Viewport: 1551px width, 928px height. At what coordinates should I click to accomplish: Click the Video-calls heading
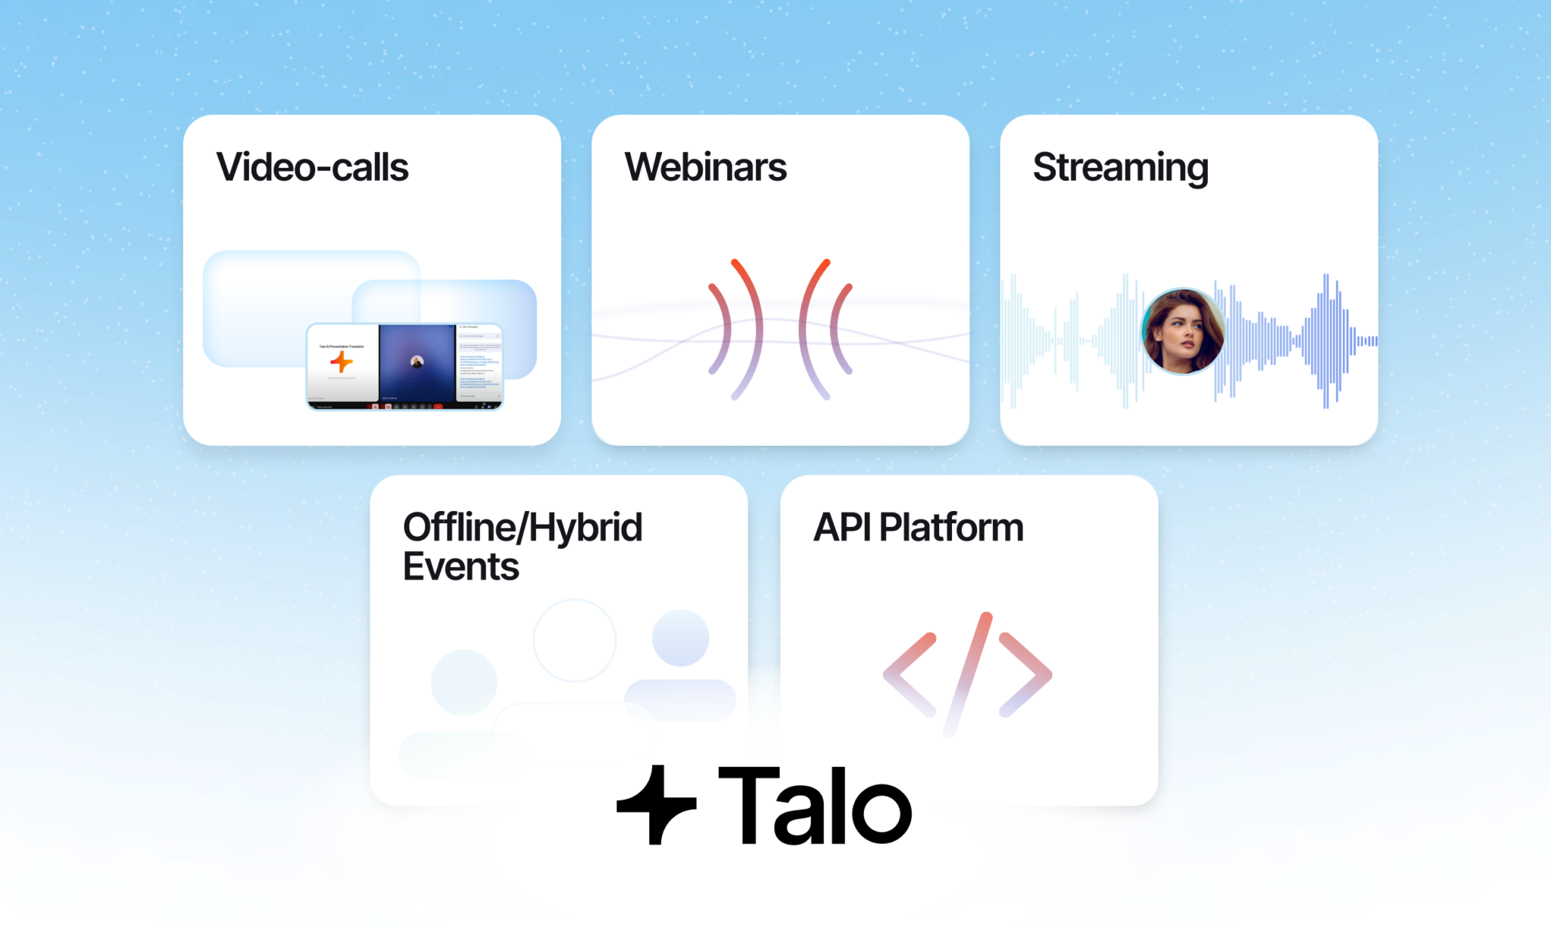tap(312, 167)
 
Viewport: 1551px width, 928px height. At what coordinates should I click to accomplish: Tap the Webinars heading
tap(705, 167)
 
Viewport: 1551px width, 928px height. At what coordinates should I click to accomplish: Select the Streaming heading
tap(1120, 167)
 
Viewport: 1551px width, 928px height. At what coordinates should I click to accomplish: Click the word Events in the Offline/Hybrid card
tap(460, 567)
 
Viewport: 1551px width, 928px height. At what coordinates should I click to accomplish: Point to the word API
tap(841, 528)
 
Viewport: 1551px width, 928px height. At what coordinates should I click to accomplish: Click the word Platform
tap(951, 528)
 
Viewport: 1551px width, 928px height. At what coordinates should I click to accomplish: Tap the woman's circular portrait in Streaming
tap(1182, 331)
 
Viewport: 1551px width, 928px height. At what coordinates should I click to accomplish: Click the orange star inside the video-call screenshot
tap(342, 362)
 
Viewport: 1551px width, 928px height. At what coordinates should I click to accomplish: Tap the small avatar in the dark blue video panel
tap(417, 362)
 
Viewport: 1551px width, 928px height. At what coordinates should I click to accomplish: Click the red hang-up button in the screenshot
tap(438, 407)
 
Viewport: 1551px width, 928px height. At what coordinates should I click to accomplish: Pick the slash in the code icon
tap(967, 674)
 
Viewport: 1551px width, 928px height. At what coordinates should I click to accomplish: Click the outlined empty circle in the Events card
tap(574, 640)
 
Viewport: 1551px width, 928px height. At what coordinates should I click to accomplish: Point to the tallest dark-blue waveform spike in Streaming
tap(1325, 341)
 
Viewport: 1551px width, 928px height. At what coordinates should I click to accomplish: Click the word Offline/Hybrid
tap(523, 528)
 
